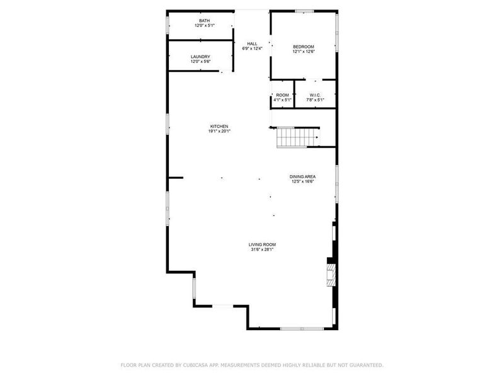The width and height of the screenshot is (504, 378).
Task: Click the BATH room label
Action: point(205,20)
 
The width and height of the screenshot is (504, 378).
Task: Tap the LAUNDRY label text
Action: point(200,57)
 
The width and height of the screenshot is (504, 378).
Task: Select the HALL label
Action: point(251,43)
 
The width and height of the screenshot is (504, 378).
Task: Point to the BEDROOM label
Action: point(303,47)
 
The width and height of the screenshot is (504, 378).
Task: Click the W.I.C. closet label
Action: point(314,94)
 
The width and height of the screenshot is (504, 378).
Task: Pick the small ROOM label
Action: point(282,94)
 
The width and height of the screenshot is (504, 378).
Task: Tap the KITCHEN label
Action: point(219,127)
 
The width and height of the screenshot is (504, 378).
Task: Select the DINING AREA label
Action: point(302,176)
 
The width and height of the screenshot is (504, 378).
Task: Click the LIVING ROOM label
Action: point(261,244)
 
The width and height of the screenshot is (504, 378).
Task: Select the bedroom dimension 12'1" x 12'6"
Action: point(303,52)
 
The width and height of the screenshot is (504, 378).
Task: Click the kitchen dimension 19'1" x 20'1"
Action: point(220,132)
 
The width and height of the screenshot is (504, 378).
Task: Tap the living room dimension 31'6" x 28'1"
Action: point(261,249)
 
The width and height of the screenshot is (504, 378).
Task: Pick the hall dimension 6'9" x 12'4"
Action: point(251,49)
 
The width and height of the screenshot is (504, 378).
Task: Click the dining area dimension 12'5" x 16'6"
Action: point(302,181)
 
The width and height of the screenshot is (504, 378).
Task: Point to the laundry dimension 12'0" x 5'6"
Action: point(200,62)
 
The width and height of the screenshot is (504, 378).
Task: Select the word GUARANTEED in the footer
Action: point(364,365)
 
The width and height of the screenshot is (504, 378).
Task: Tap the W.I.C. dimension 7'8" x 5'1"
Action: point(315,100)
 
